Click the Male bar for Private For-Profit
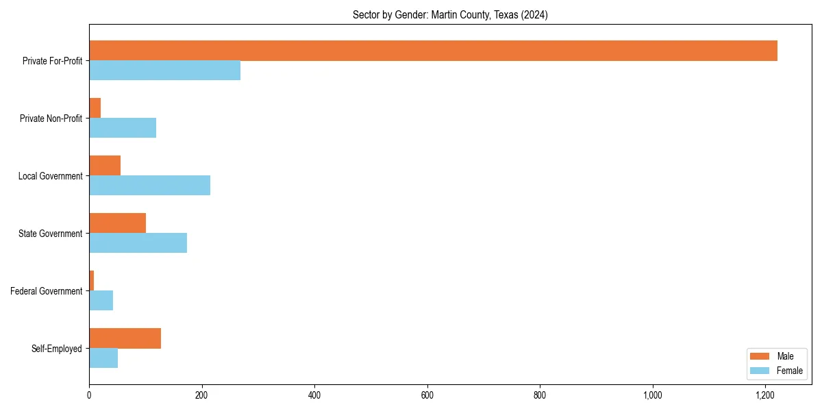[433, 51]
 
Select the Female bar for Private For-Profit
[164, 71]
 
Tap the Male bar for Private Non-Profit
[95, 108]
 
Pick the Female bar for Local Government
[149, 186]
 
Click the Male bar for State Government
[117, 223]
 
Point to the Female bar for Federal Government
[101, 301]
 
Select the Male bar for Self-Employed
[125, 338]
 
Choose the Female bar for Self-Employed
[103, 358]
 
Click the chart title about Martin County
[450, 14]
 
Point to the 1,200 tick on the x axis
[765, 395]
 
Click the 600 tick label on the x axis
[427, 395]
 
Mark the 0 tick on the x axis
[89, 395]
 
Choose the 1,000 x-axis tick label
[652, 395]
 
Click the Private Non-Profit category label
[51, 119]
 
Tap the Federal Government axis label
[47, 291]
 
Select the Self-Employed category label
[57, 349]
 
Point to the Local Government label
[51, 176]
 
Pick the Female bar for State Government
[138, 243]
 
